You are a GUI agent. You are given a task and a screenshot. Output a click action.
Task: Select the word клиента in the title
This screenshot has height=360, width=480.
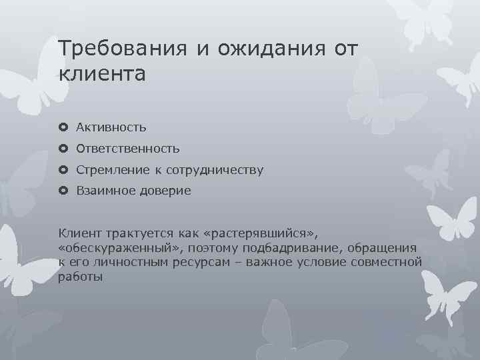pos(101,73)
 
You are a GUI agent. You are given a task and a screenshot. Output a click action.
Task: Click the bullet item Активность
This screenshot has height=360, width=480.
pos(111,127)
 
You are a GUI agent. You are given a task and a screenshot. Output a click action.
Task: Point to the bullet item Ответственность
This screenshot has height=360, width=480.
pos(127,149)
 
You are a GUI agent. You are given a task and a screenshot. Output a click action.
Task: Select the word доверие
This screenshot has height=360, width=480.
pos(165,191)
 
